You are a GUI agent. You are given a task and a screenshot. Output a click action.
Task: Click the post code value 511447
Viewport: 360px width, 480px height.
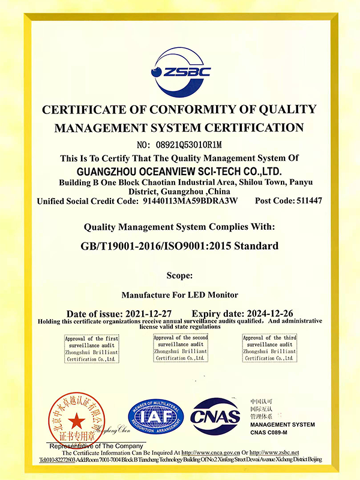coord(309,202)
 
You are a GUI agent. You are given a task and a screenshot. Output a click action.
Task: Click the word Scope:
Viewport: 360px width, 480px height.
coord(179,276)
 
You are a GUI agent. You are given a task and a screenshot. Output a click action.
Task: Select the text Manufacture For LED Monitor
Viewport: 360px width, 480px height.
coord(179,295)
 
